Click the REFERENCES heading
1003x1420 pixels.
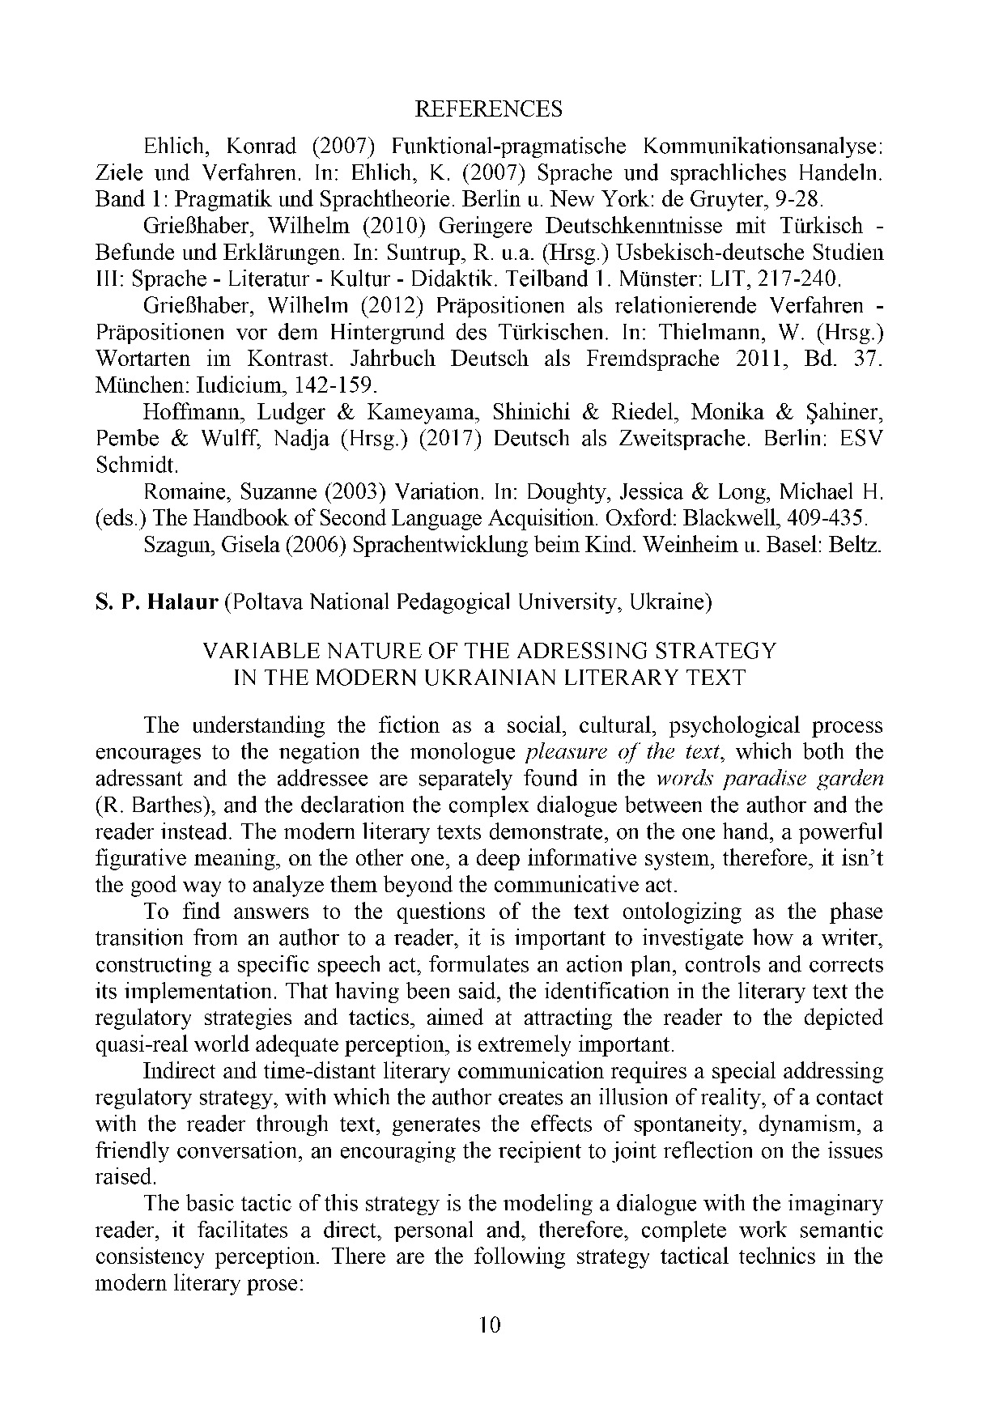tap(488, 108)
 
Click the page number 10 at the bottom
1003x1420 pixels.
tap(490, 1348)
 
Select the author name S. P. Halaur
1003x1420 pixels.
tap(157, 602)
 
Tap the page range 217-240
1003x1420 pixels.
tap(799, 279)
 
